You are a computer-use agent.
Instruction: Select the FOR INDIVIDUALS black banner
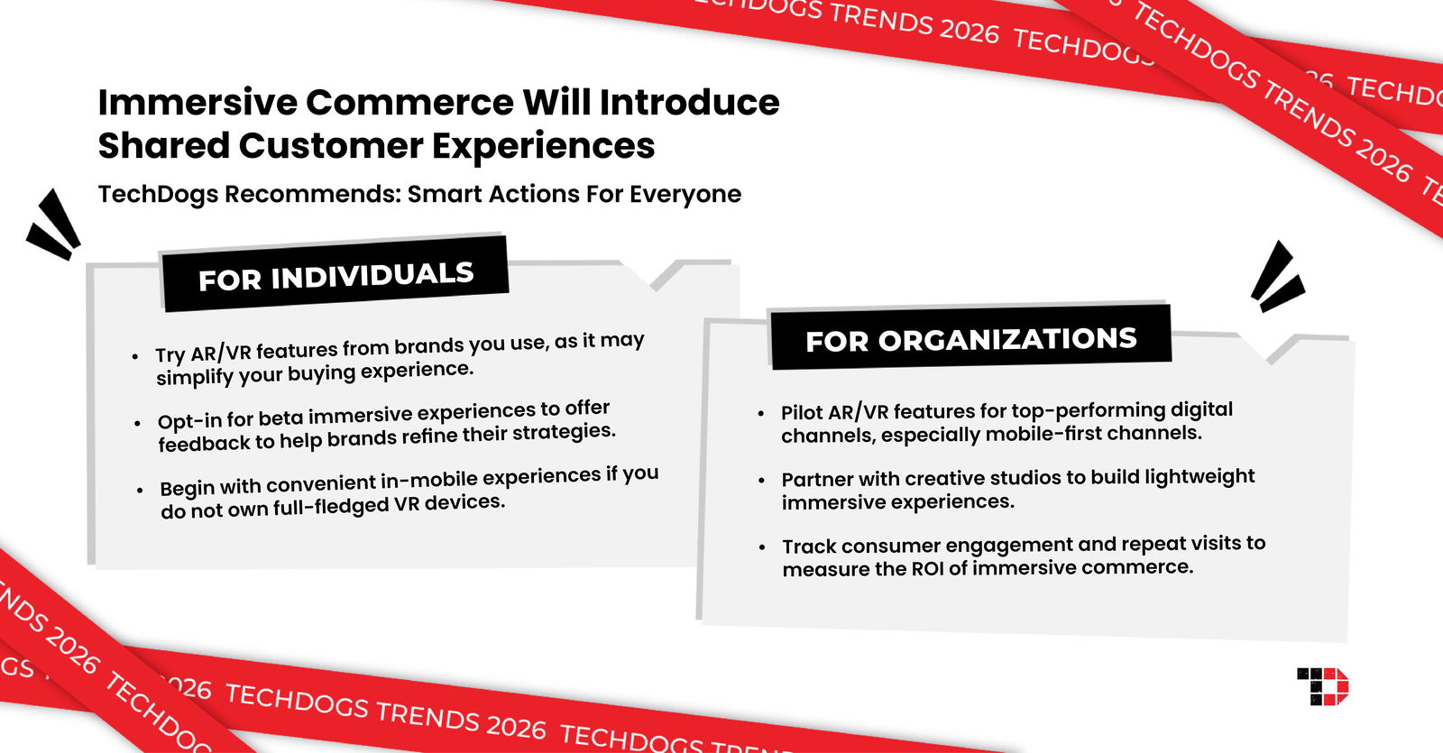coord(335,275)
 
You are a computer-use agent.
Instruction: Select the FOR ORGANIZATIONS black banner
coord(970,339)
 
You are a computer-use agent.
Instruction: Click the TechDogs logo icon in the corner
coord(1322,686)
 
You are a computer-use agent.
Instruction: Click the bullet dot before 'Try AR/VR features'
coord(135,357)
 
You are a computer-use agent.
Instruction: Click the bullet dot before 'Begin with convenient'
coord(140,491)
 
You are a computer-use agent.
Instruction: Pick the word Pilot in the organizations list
coord(802,413)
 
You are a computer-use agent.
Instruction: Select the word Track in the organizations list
coord(809,546)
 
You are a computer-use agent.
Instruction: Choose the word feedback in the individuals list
coord(204,444)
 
